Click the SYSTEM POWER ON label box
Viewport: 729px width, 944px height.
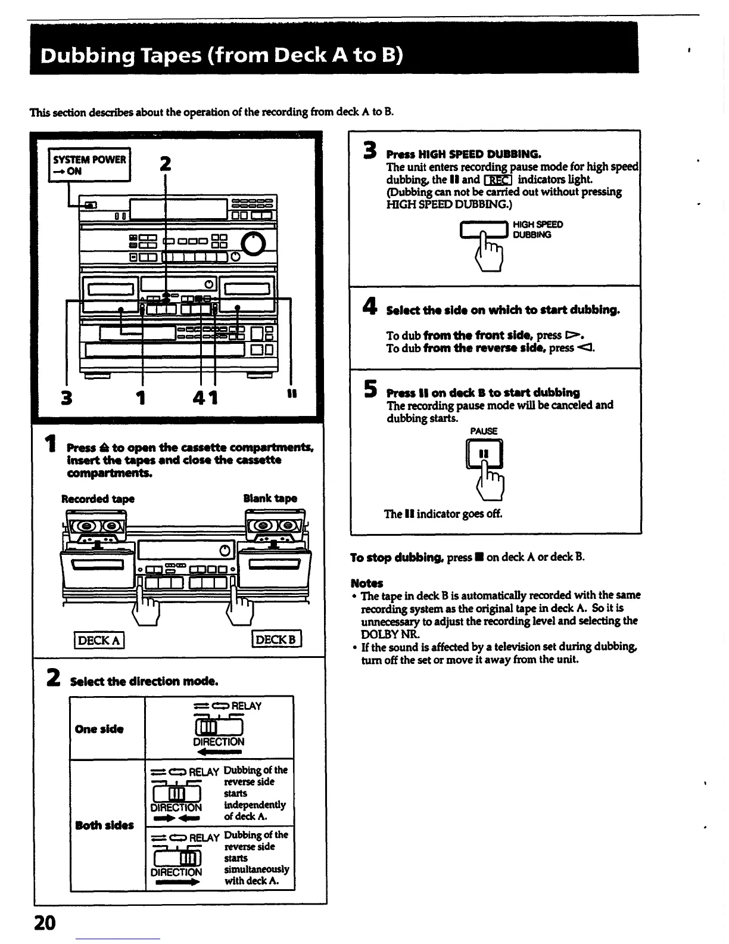pyautogui.click(x=90, y=165)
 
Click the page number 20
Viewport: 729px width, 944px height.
pyautogui.click(x=45, y=923)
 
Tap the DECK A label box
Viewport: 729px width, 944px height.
pyautogui.click(x=99, y=641)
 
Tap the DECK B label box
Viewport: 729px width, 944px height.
pyautogui.click(x=277, y=640)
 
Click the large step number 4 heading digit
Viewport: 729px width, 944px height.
pyautogui.click(x=369, y=307)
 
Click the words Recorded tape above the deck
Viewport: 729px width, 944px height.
pyautogui.click(x=98, y=499)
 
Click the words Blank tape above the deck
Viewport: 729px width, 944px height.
pyautogui.click(x=270, y=498)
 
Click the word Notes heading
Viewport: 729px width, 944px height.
pyautogui.click(x=367, y=583)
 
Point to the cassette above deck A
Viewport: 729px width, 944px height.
pyautogui.click(x=98, y=526)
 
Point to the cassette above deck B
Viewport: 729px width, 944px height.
pyautogui.click(x=275, y=526)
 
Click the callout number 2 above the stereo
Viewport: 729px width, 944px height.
pyautogui.click(x=166, y=163)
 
